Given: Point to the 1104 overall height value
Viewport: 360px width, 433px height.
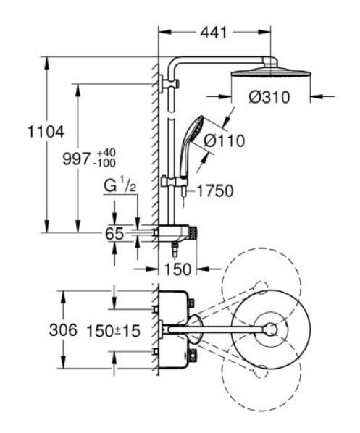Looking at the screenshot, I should pos(44,132).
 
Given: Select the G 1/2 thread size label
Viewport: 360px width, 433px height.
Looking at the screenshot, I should pos(120,188).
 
